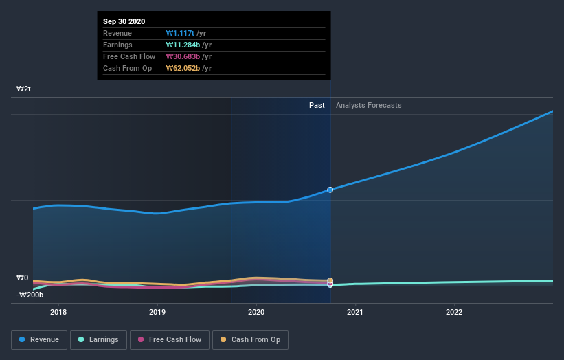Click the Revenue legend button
[40, 339]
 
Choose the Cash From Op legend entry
[251, 339]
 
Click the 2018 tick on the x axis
[58, 312]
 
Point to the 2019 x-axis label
[157, 312]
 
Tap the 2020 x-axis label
[256, 312]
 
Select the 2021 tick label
[355, 312]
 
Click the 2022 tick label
[454, 312]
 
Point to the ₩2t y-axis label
[24, 89]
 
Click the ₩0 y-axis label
[23, 278]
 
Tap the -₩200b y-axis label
[30, 295]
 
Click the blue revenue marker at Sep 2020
[330, 190]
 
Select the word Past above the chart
[317, 105]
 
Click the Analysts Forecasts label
[369, 105]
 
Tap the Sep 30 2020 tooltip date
[124, 22]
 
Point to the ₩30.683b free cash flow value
[185, 56]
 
